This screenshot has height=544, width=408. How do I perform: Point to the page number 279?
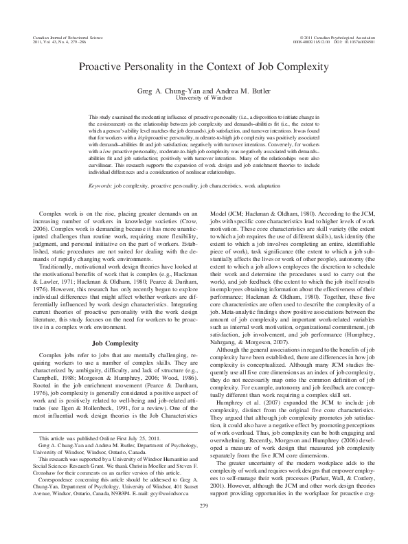coord(203,525)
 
